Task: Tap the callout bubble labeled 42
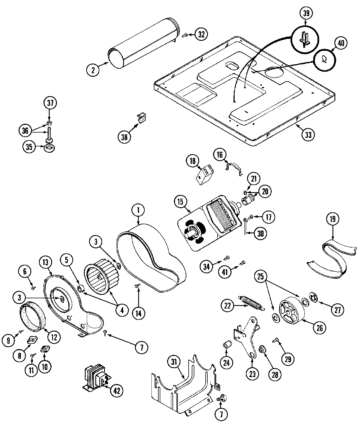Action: coord(116,391)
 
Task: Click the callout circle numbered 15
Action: coord(180,202)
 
